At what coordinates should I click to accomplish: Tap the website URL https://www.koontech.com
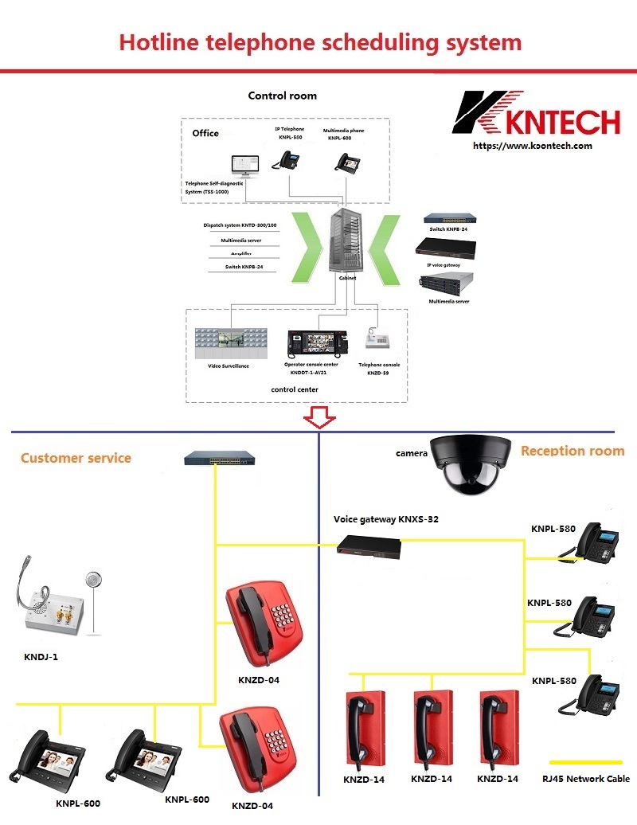point(533,146)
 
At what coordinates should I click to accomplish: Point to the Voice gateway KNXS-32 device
point(367,545)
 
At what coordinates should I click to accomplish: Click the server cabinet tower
point(346,238)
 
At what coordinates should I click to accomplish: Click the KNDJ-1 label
point(41,658)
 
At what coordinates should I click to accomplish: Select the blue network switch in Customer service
point(220,459)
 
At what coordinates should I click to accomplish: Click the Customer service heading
point(76,458)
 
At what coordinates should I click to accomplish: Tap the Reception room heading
point(573,451)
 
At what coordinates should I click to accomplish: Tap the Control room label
point(282,96)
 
